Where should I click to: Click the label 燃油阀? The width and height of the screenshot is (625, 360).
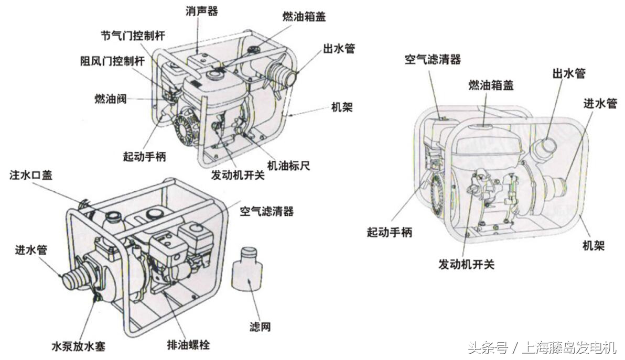point(111,98)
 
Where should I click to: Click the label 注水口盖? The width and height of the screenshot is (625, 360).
point(31,175)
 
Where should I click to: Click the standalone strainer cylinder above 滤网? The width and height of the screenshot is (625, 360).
point(246,271)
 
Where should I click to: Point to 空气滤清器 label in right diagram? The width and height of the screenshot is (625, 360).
point(432,59)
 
